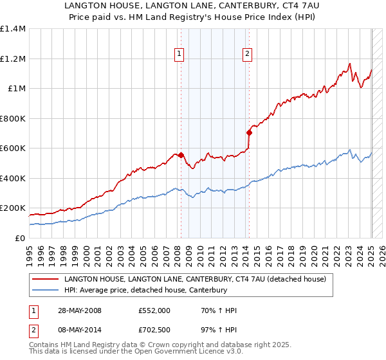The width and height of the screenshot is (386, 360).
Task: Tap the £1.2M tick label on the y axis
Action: [13, 59]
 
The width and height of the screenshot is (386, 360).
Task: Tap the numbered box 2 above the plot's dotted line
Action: [247, 55]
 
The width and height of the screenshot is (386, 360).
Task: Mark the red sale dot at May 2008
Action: [181, 155]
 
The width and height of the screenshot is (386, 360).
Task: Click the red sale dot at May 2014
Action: [249, 132]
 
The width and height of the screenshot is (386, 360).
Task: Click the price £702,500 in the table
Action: [154, 331]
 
